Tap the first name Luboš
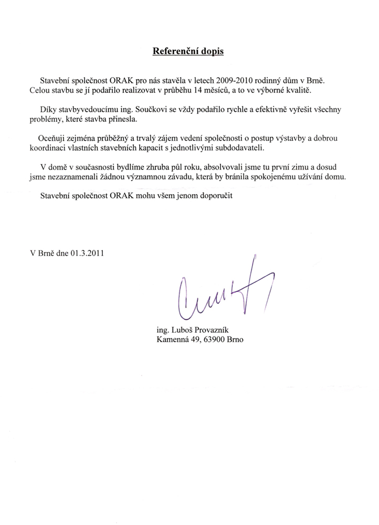click(184, 330)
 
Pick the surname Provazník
click(218, 330)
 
